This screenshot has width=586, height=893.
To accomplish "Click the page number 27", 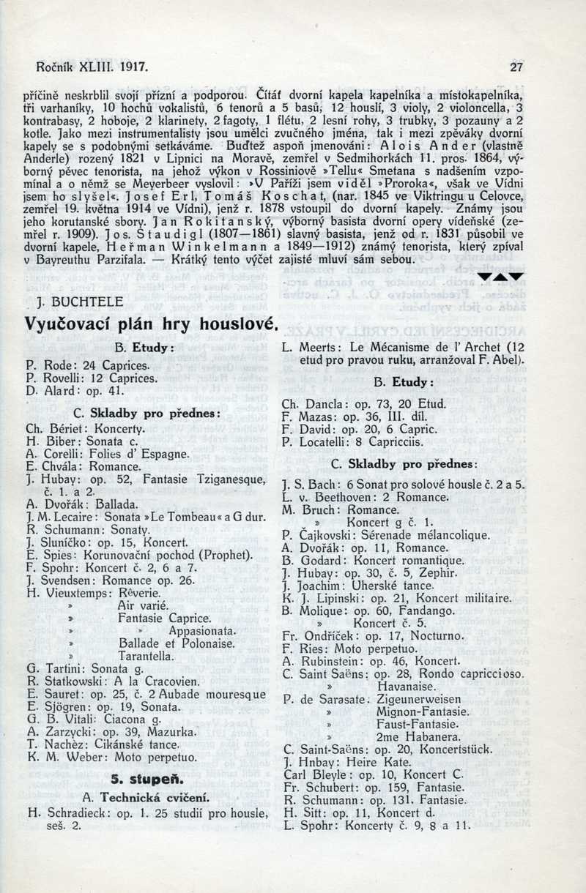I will (x=516, y=68).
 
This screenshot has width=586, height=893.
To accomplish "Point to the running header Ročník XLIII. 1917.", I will (x=92, y=68).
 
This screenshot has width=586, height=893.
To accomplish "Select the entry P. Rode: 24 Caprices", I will (x=88, y=365).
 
